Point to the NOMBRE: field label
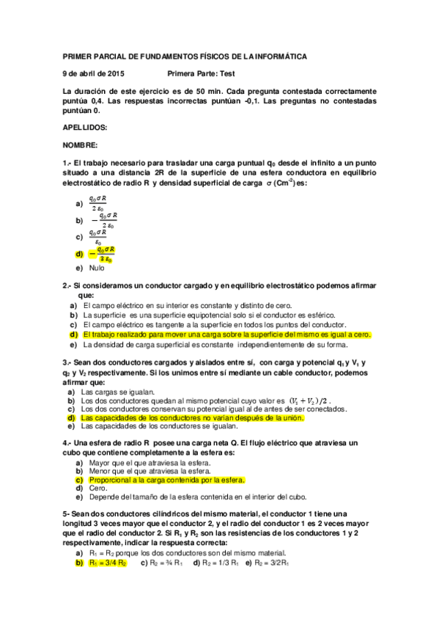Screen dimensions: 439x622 81,144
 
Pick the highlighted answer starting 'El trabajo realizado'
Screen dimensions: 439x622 226,334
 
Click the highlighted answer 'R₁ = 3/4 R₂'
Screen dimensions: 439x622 108,563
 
